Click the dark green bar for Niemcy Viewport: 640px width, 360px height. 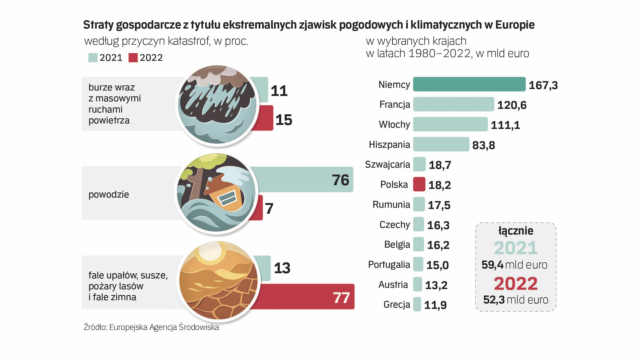(469, 84)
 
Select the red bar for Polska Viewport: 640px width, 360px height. (419, 184)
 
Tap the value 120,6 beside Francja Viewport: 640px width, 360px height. (512, 105)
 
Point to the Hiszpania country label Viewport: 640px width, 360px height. (389, 145)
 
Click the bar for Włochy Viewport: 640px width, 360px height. (450, 124)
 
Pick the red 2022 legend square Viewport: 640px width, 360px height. (133, 58)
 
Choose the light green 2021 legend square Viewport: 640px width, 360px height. (93, 58)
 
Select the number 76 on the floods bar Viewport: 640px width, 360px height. (340, 180)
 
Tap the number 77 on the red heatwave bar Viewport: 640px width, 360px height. (341, 298)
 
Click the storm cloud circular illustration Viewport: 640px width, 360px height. (217, 105)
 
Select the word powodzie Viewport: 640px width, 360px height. (109, 194)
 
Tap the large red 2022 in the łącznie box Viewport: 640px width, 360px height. (516, 284)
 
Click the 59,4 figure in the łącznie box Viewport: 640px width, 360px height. (492, 265)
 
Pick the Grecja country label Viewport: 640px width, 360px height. (397, 305)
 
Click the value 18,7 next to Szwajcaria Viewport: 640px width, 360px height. (440, 165)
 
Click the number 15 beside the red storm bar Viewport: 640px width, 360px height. (284, 120)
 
